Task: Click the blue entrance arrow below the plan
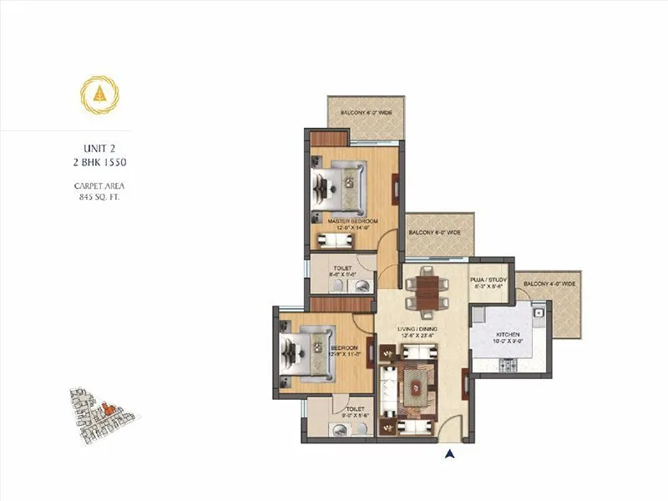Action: tap(450, 455)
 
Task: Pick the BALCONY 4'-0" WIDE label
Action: tap(550, 285)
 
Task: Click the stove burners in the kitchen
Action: tap(505, 366)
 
